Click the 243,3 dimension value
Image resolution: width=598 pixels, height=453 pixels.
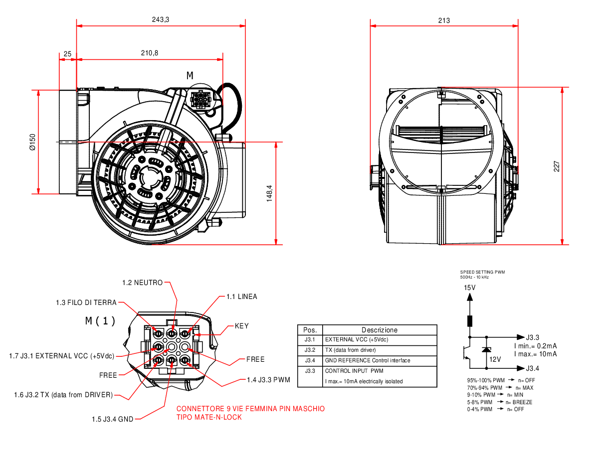(161, 19)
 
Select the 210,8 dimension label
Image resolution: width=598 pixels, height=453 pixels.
(150, 53)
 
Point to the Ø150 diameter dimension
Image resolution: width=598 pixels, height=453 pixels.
(32, 142)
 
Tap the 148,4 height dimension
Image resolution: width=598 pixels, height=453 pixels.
(269, 193)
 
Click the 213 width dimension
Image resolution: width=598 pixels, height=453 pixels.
(444, 20)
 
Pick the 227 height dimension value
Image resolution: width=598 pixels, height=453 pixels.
(557, 166)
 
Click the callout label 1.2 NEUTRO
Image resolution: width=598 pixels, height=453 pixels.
(142, 283)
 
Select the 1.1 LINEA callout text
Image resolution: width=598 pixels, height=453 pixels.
(242, 297)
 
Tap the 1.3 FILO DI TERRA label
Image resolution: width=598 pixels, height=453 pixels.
(86, 302)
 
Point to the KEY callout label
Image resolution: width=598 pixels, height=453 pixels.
(242, 326)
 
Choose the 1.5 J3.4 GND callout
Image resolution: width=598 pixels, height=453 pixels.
(113, 419)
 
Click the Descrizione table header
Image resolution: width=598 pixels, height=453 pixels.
(380, 330)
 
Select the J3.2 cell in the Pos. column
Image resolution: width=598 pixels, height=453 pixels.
(310, 350)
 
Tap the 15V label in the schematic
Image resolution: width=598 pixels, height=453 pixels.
(470, 288)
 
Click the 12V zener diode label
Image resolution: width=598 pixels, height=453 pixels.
(494, 359)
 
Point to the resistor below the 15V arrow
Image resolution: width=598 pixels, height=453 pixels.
(469, 321)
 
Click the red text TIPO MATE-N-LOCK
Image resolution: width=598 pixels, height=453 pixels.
(209, 417)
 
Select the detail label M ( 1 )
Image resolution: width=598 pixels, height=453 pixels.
(100, 321)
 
